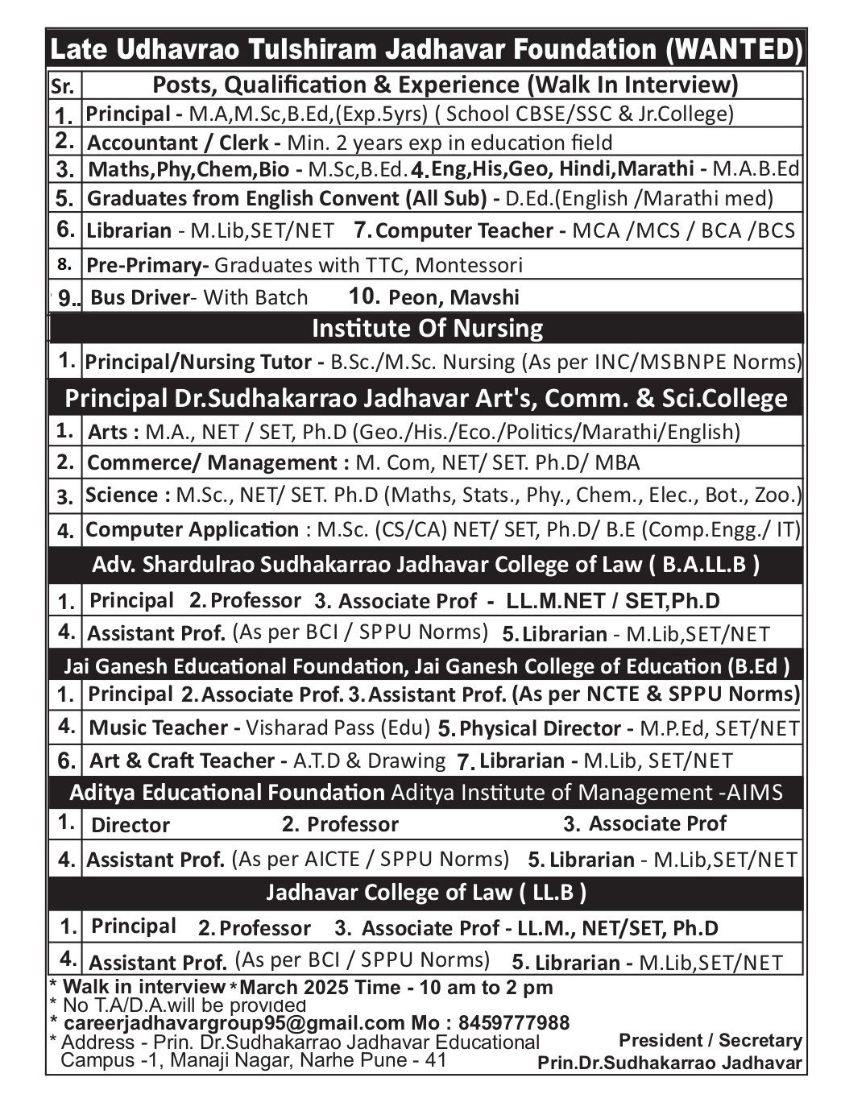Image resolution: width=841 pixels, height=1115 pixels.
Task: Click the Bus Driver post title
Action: pos(139,297)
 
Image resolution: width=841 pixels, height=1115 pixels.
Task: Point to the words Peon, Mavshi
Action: pos(454,297)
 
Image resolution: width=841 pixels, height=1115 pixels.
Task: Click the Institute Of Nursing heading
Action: pos(427,328)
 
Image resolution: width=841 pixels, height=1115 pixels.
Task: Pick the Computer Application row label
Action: pos(192,529)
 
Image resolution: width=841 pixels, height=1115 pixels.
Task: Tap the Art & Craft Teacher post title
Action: pos(182,761)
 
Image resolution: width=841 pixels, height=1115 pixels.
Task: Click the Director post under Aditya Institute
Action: pos(130,825)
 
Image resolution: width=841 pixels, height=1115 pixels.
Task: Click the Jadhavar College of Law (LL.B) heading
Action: pos(426,892)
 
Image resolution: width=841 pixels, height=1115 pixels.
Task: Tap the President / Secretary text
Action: pos(710,1040)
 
